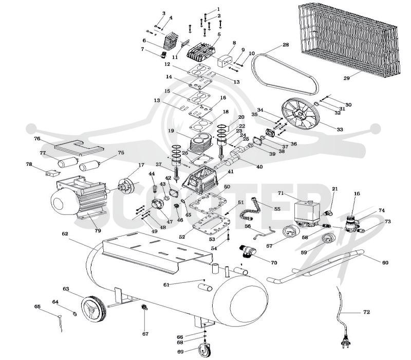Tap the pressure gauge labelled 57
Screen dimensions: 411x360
tap(291, 232)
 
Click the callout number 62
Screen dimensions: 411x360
tap(65, 233)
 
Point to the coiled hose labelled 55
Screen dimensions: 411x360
tap(250, 209)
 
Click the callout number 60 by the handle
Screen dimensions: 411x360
tap(385, 262)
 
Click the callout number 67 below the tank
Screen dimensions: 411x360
tap(145, 334)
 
